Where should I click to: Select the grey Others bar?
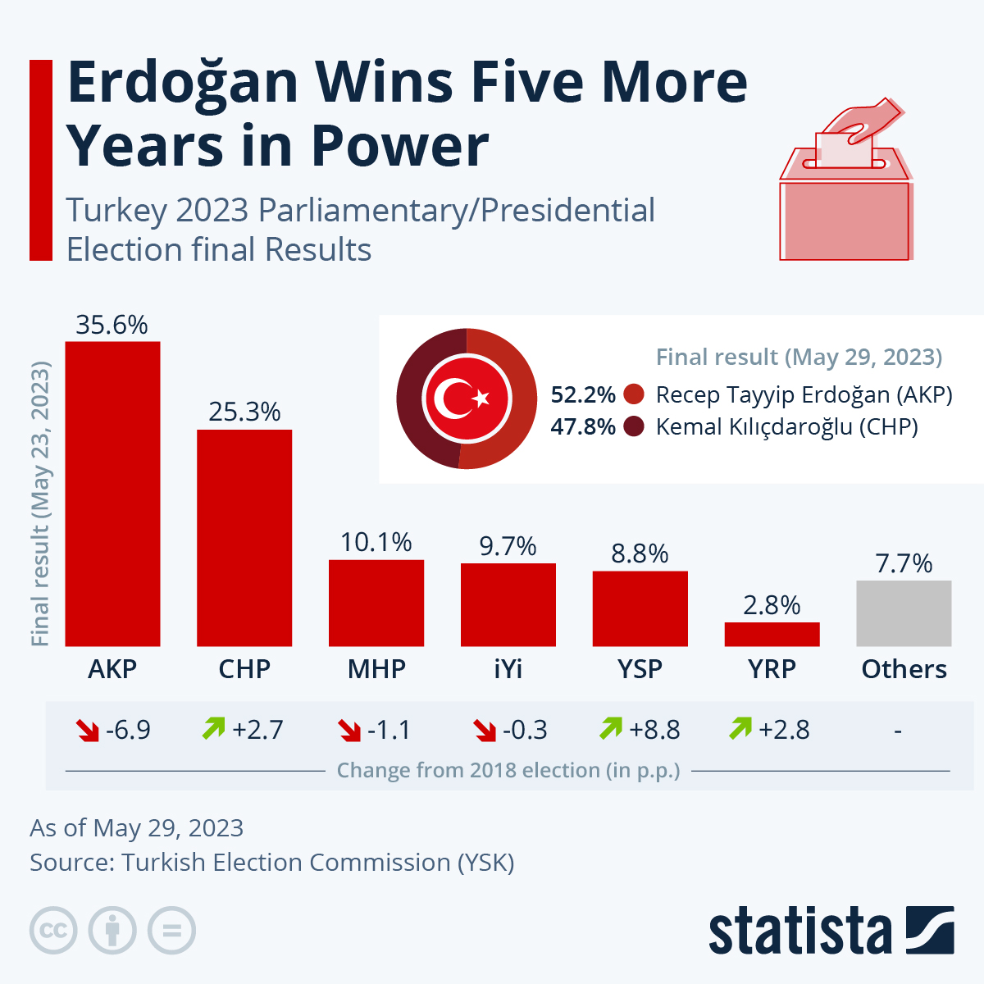pos(904,613)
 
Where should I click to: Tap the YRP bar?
pos(772,634)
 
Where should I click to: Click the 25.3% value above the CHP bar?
pos(244,412)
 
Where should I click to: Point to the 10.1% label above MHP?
pos(376,542)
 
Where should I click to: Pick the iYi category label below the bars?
pos(508,669)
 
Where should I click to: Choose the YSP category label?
pos(640,669)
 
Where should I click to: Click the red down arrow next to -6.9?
pos(87,729)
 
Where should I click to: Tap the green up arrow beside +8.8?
pos(611,728)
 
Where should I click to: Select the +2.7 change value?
pos(257,729)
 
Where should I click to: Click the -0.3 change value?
pos(525,729)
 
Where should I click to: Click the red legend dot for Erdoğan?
pos(634,394)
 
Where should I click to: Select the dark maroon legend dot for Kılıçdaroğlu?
pos(634,426)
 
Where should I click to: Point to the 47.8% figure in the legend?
pos(582,426)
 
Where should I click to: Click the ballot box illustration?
pos(845,197)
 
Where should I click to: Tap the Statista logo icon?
pos(930,930)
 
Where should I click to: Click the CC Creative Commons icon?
pos(53,931)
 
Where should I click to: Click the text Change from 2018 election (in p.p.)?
pos(508,771)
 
